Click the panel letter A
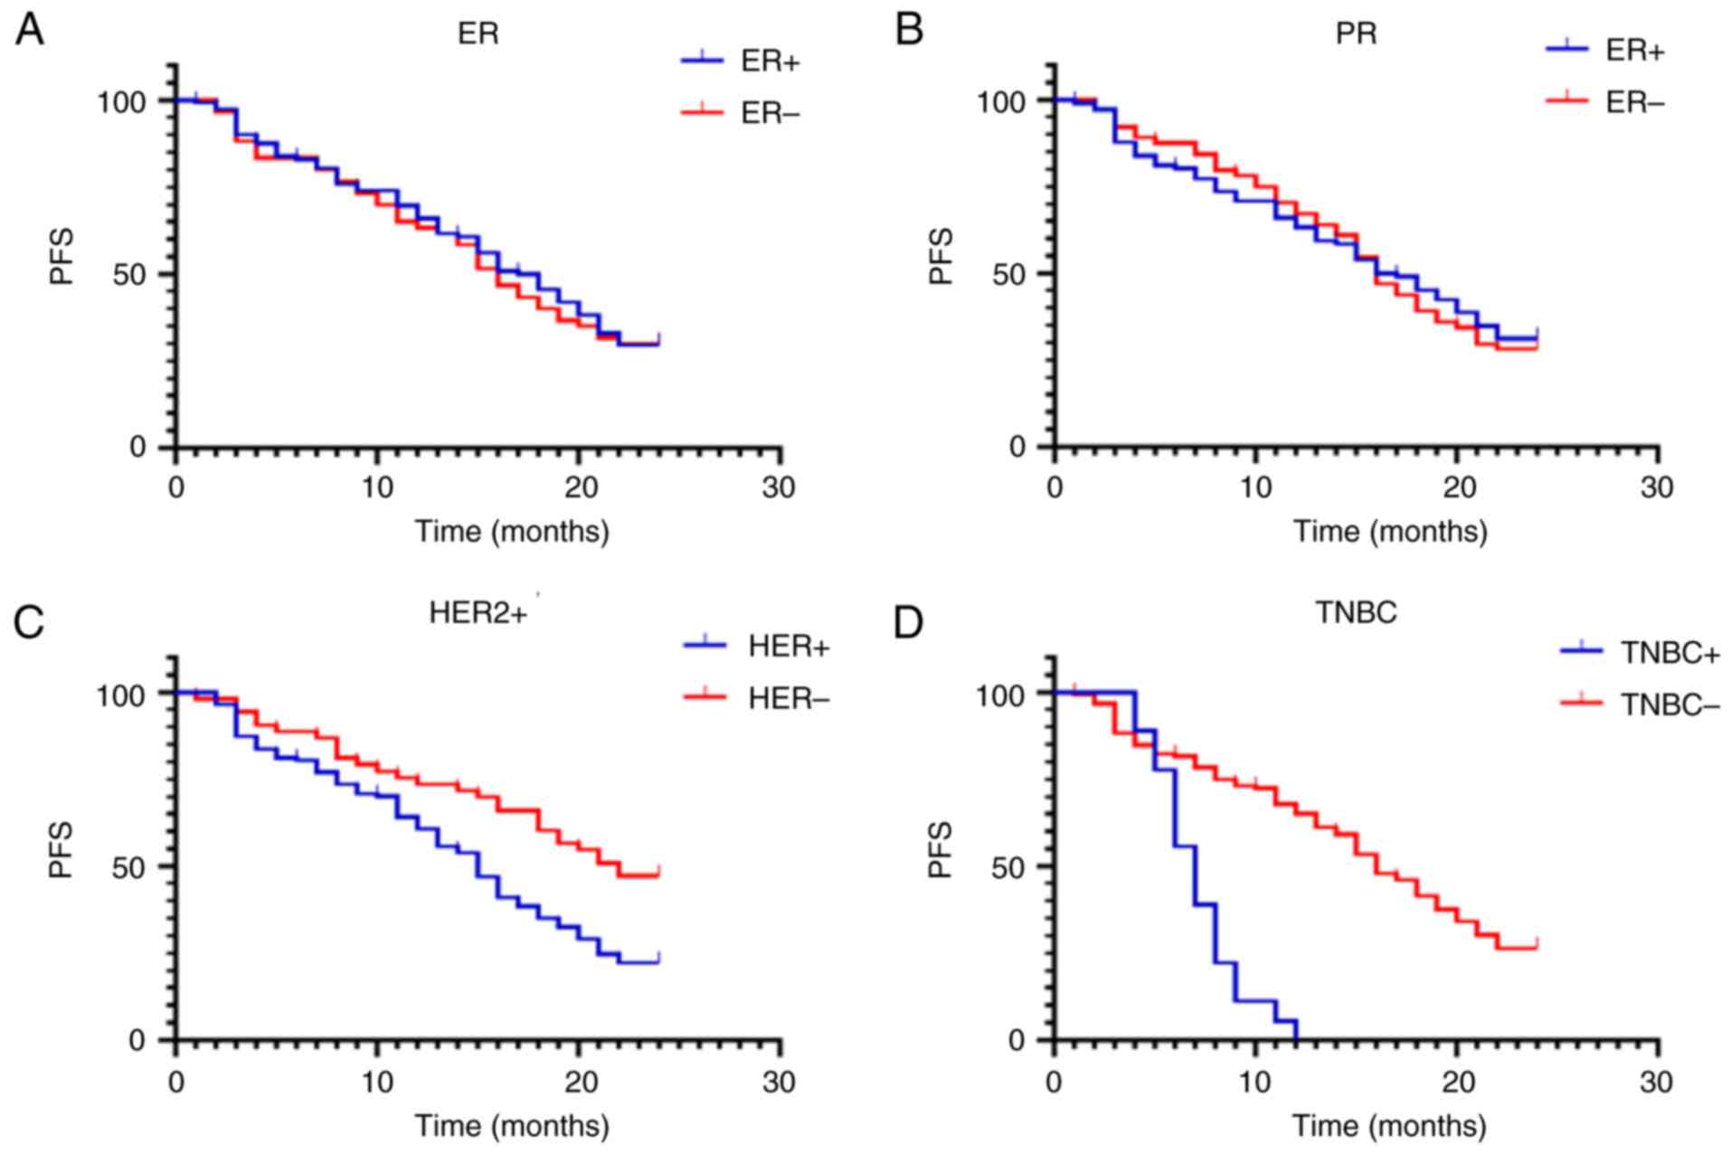pos(29,32)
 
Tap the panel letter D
pos(909,623)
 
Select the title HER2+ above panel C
pos(478,613)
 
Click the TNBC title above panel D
pos(1355,613)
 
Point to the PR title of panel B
pos(1356,33)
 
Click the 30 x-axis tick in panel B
pos(1657,488)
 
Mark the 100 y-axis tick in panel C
pos(121,694)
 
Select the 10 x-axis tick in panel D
pos(1255,1083)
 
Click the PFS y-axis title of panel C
pos(61,850)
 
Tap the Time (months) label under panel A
pos(512,531)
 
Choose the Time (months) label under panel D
pos(1389,1126)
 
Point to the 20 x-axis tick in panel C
pos(580,1083)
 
